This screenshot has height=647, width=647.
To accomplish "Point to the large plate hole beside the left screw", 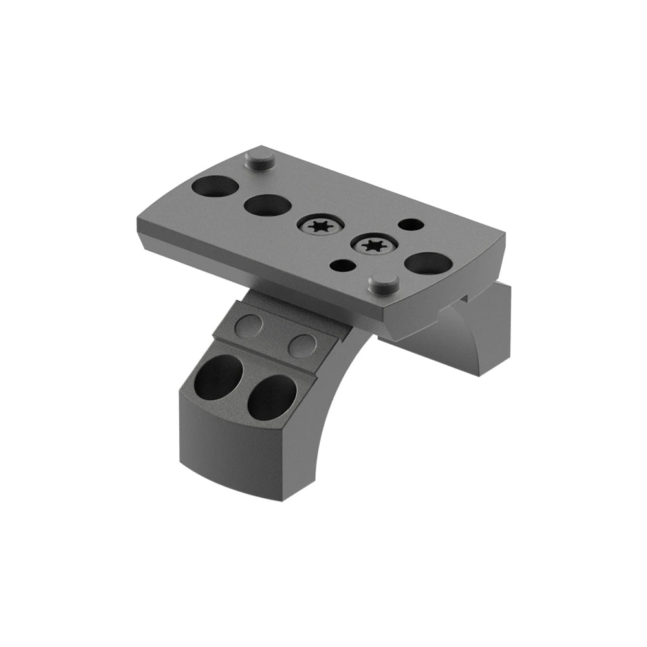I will [267, 206].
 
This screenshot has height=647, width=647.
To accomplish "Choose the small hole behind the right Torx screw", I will [408, 225].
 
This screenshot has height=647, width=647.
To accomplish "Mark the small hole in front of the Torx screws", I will [344, 265].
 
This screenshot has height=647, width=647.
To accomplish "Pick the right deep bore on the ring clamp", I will [271, 395].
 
